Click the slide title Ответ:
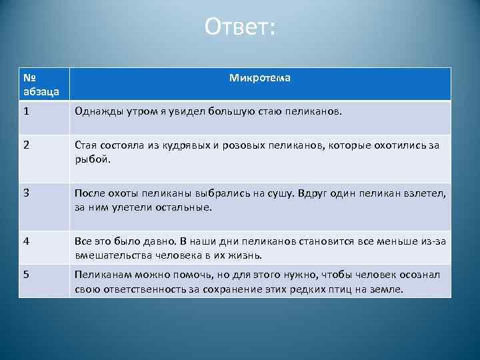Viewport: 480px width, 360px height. click(239, 28)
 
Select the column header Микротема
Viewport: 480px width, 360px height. click(259, 78)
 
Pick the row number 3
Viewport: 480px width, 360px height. click(25, 193)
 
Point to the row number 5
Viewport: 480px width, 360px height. click(25, 275)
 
